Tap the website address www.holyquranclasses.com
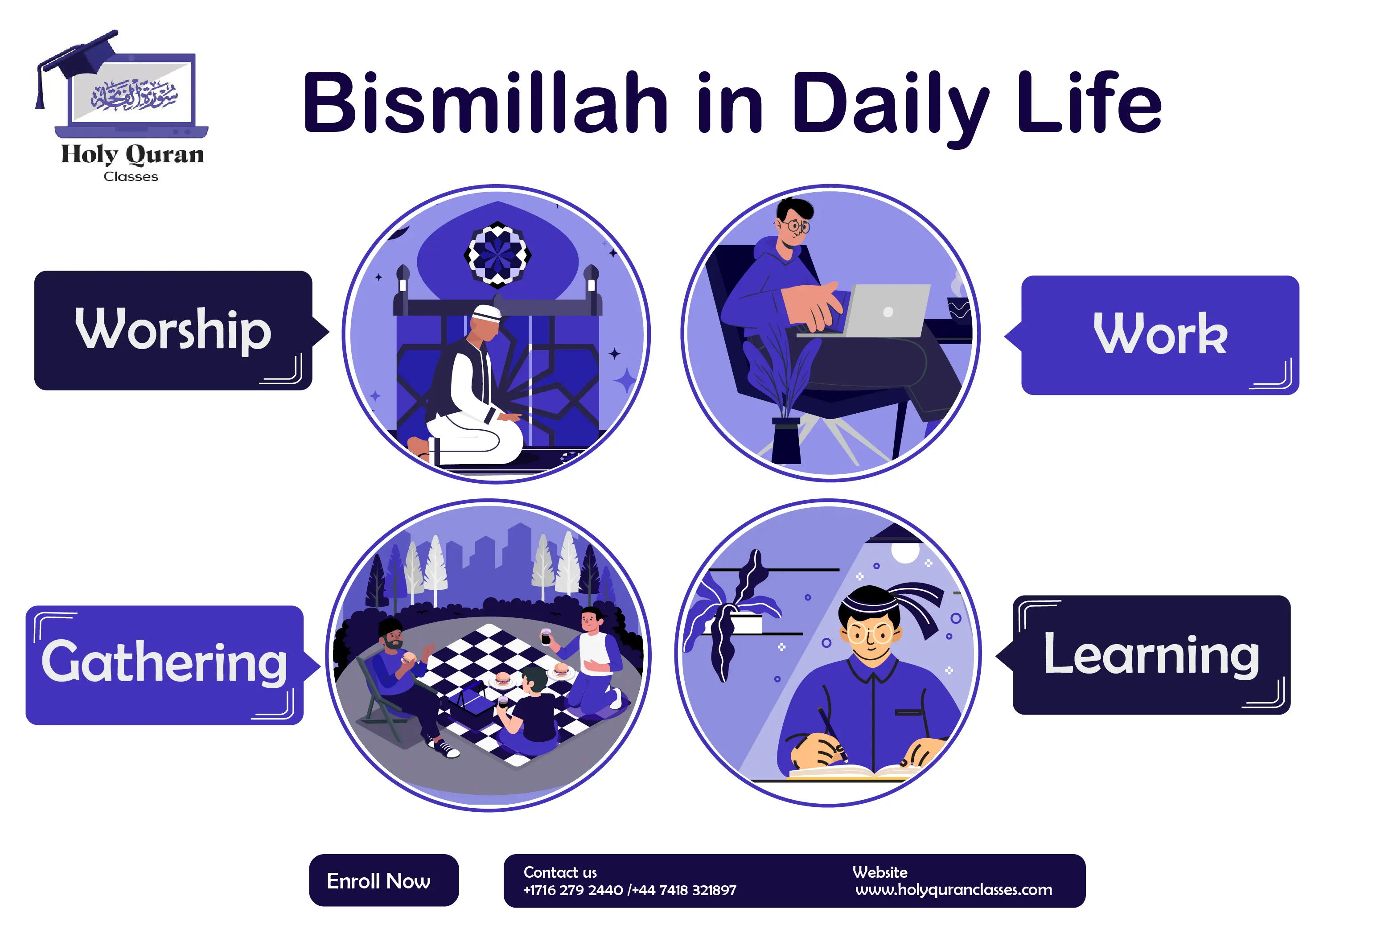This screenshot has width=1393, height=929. click(x=953, y=889)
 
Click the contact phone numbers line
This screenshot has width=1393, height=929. click(x=629, y=890)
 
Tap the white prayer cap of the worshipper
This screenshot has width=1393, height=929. click(x=486, y=312)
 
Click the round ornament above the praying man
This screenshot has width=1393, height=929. click(x=497, y=255)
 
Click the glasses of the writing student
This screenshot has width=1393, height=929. click(x=869, y=634)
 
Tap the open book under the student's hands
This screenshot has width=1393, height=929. click(x=853, y=770)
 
